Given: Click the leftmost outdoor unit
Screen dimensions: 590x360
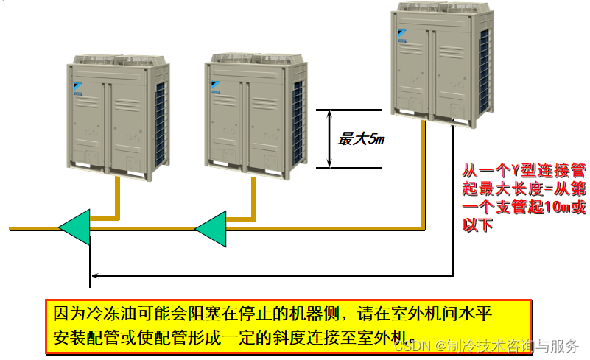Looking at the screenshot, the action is pos(118,114).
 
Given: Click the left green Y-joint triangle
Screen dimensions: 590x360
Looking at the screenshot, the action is pos(74,227).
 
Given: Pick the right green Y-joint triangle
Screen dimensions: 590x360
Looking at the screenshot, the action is pos(211,227).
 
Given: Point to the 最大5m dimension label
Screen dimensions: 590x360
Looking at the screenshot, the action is pos(357,138).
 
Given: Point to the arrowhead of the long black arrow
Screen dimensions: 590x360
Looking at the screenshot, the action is pos(93,278).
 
